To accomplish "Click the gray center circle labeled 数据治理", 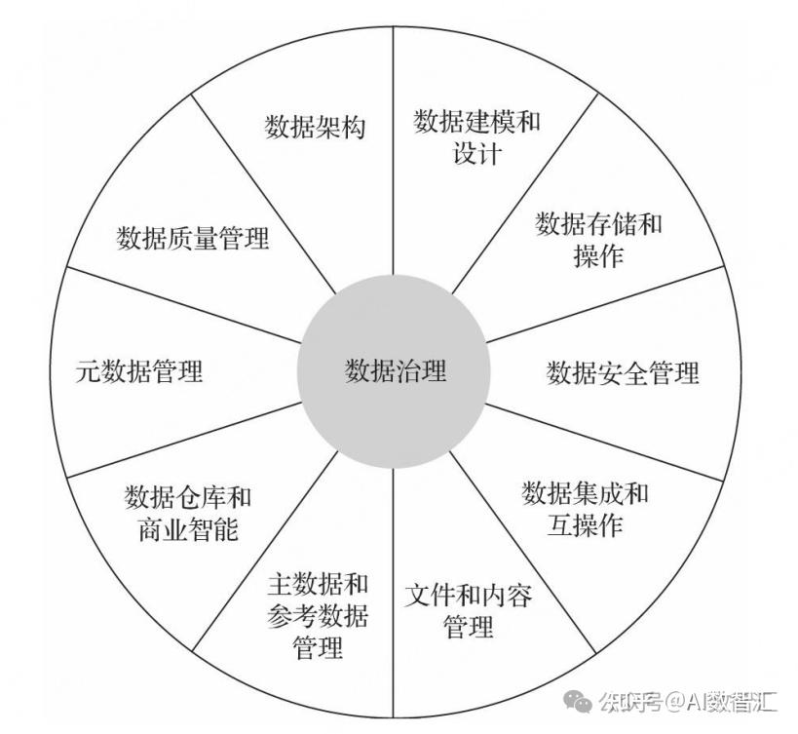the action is pyautogui.click(x=395, y=370).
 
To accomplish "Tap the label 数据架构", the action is pyautogui.click(x=315, y=127).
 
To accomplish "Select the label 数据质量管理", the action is pyautogui.click(x=193, y=238).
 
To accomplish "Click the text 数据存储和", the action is pyautogui.click(x=598, y=224).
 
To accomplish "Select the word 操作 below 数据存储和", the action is pyautogui.click(x=598, y=256).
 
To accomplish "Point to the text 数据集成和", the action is pyautogui.click(x=585, y=493).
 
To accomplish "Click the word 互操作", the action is pyautogui.click(x=585, y=526).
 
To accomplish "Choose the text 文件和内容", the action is pyautogui.click(x=469, y=595).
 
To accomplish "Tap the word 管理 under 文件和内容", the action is pyautogui.click(x=469, y=627).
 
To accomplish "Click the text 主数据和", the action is pyautogui.click(x=318, y=585).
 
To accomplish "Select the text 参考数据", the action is pyautogui.click(x=318, y=616).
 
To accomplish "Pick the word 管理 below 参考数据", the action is pyautogui.click(x=318, y=647).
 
